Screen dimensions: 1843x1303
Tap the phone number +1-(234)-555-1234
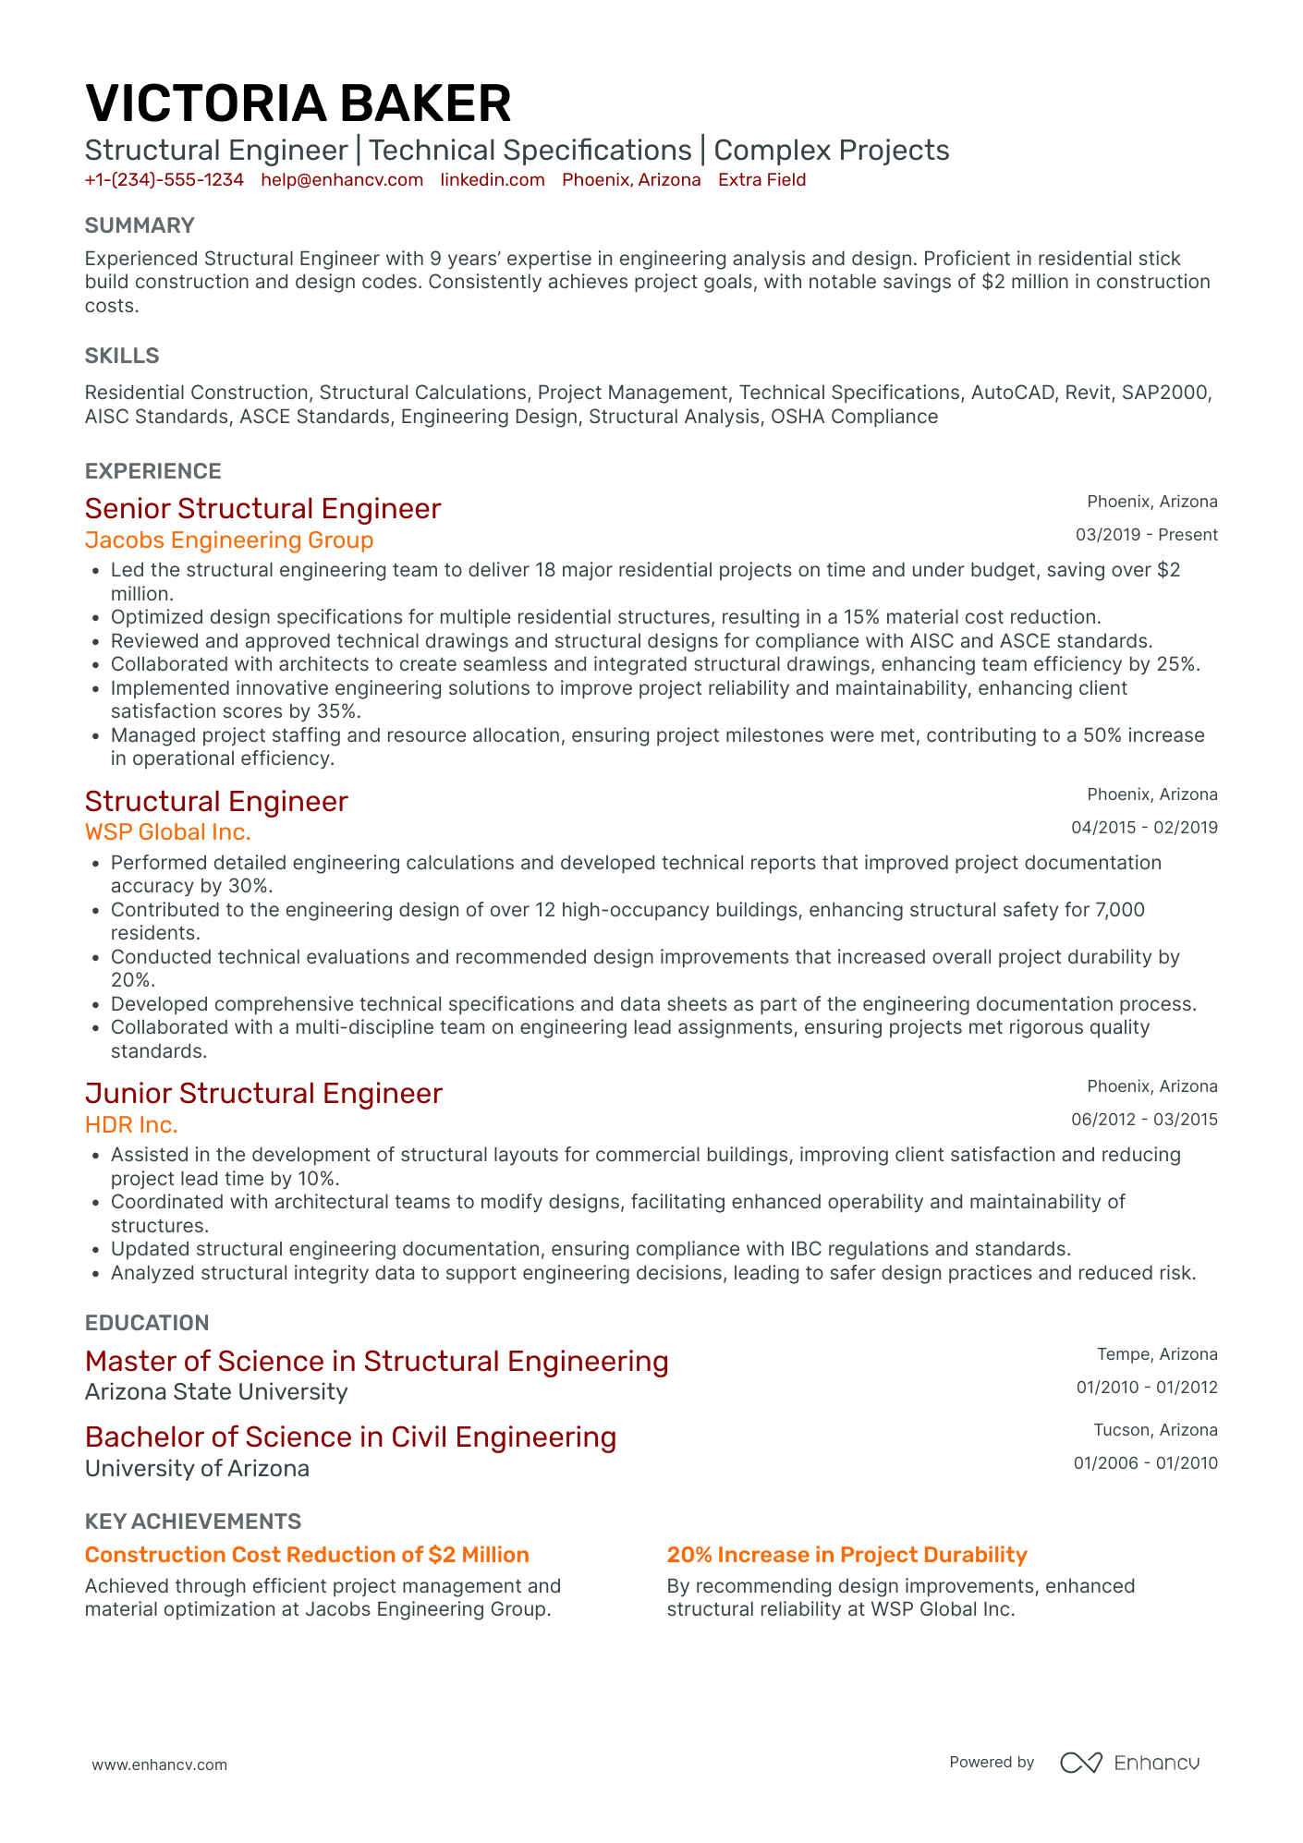click(164, 180)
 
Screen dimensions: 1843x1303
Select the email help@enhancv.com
click(342, 180)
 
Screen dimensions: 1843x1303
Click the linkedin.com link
click(493, 180)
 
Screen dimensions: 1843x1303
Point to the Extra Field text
click(761, 180)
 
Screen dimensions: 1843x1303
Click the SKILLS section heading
click(122, 356)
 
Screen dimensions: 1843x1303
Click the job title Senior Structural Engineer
click(262, 509)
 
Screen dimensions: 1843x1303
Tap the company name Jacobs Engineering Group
click(229, 540)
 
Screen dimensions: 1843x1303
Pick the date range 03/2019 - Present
click(1146, 535)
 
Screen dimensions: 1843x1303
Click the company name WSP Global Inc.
click(168, 832)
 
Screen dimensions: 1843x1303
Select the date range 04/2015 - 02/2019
click(1144, 828)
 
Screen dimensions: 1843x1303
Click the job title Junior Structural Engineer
click(263, 1094)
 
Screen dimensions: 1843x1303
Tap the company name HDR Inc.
click(131, 1125)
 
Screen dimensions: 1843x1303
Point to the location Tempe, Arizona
click(1157, 1354)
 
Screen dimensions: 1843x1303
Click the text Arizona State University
click(216, 1392)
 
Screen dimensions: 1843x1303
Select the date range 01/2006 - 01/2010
click(1145, 1463)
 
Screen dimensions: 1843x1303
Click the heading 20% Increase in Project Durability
click(846, 1555)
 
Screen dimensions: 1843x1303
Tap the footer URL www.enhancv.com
click(159, 1764)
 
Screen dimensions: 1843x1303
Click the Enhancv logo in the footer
click(1129, 1763)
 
